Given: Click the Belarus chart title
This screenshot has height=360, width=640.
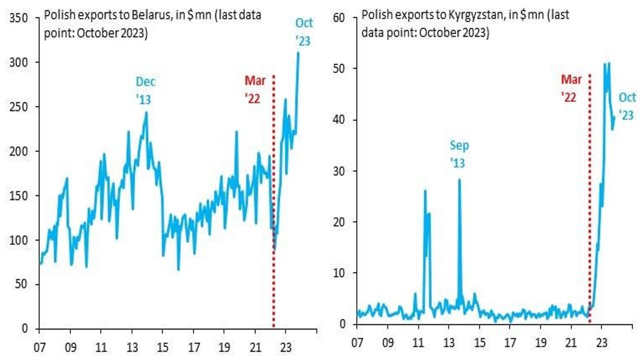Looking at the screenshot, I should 152,24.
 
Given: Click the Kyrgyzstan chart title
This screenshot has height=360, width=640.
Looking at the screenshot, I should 465,24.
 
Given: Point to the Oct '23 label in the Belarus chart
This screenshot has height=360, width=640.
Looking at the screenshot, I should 303,31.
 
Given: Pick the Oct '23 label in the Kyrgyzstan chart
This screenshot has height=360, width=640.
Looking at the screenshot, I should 627,106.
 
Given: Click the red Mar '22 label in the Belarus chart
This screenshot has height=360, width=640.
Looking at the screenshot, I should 254,89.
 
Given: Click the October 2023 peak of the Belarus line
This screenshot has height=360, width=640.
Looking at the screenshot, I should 298,52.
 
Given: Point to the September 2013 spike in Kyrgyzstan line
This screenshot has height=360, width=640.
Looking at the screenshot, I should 459,179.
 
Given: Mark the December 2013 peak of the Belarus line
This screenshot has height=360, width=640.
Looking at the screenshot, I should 146,112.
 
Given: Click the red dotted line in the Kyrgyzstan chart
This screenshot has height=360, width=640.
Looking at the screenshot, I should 590,200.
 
